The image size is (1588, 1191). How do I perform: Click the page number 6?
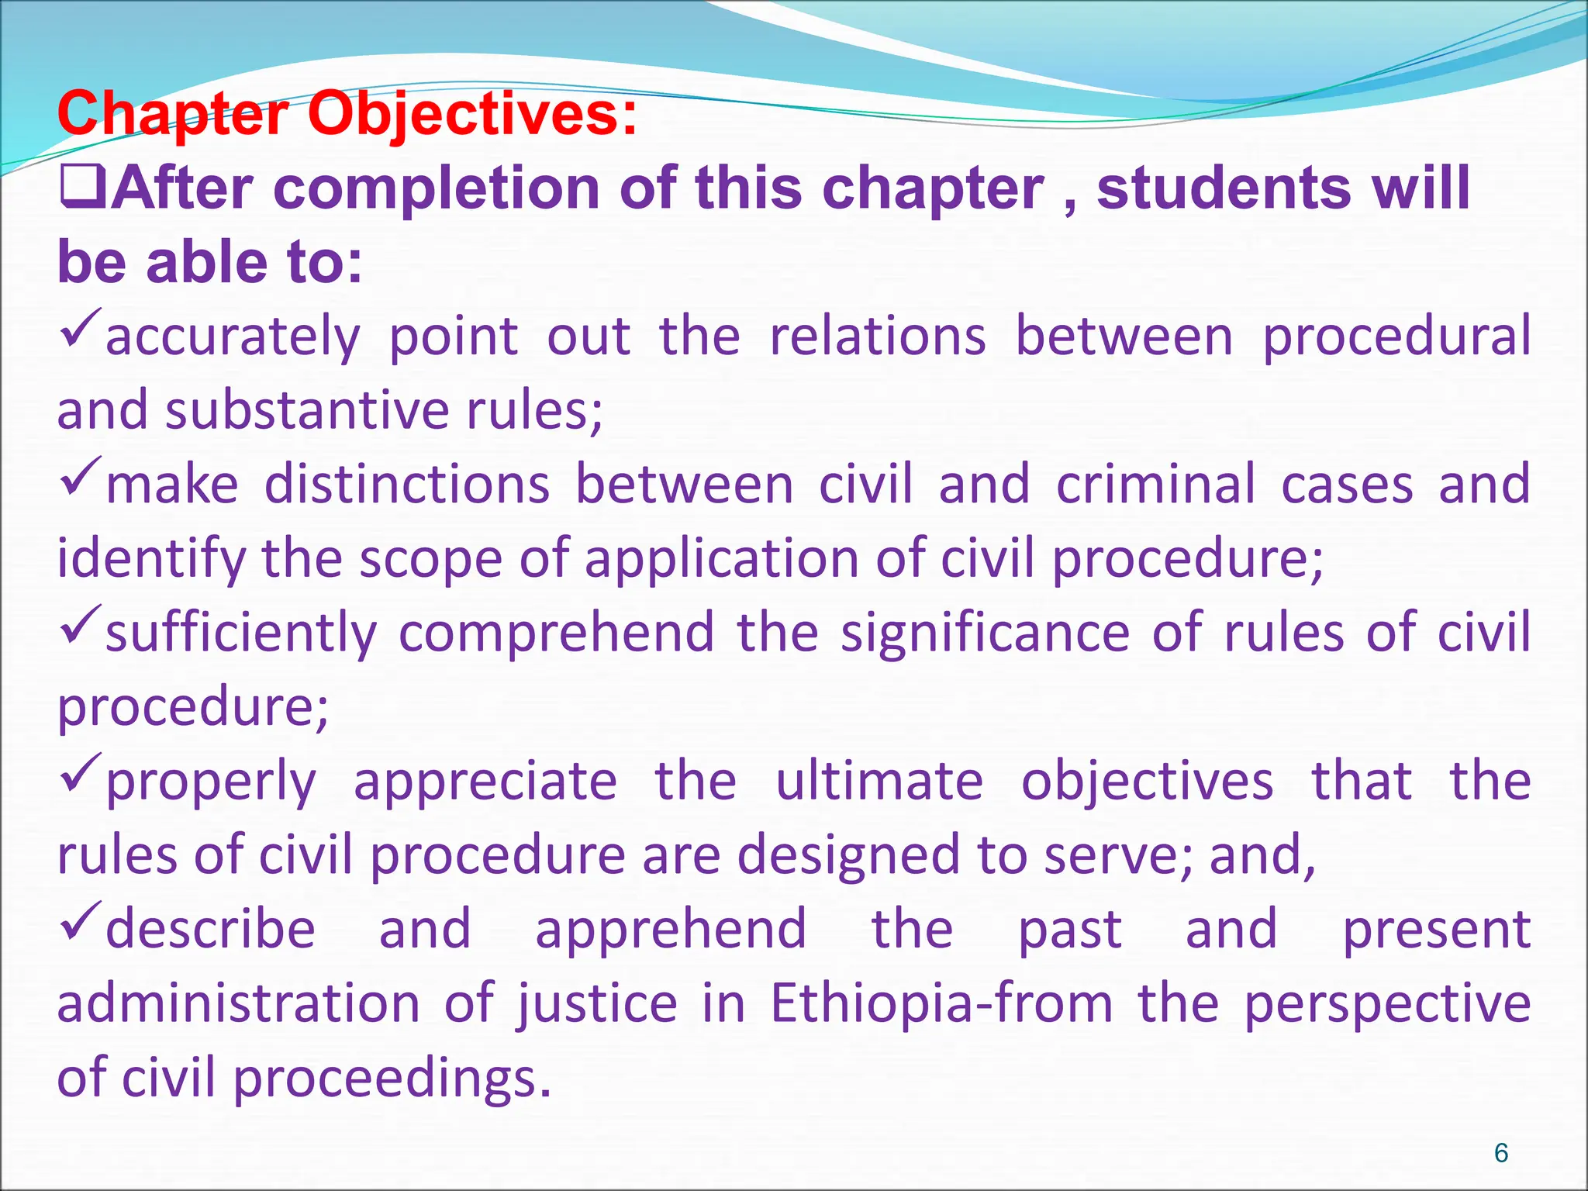pos(1501,1153)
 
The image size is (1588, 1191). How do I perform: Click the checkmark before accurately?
pos(80,329)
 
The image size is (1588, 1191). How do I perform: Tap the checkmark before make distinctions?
pos(80,478)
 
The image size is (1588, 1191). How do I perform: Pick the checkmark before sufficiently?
pos(80,626)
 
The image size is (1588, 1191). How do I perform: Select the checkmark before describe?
pos(80,922)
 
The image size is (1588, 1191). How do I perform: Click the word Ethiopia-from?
pos(941,1004)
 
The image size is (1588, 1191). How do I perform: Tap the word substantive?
pos(307,410)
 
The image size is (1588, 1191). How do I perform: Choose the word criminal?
pos(1155,485)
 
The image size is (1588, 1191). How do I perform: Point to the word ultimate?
pos(879,782)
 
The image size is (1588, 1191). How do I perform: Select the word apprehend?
pos(671,930)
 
